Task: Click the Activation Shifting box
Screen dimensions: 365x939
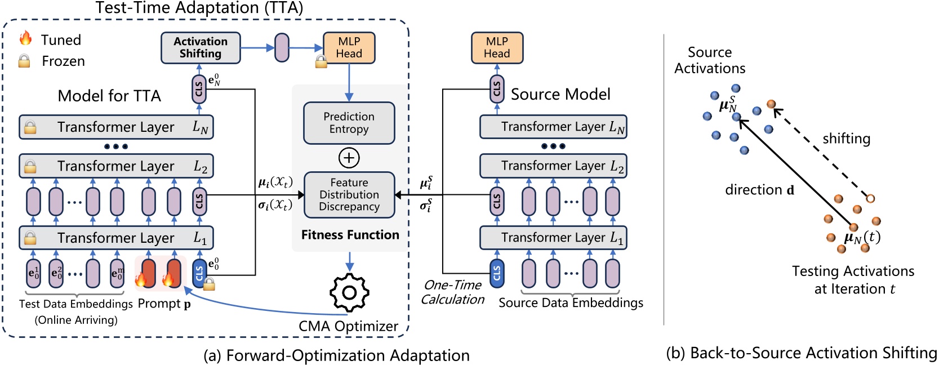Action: pos(201,48)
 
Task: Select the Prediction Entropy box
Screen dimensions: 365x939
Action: pos(349,123)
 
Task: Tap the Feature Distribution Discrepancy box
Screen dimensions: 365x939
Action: pos(349,195)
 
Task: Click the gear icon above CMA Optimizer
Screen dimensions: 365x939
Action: pos(349,292)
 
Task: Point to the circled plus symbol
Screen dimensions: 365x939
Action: pos(349,158)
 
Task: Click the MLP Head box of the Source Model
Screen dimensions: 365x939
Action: pos(497,48)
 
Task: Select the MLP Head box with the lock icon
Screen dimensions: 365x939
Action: pos(349,48)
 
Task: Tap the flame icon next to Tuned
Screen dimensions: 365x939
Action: pos(25,38)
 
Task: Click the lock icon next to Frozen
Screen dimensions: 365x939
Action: pos(24,61)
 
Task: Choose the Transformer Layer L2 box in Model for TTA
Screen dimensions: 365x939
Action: pos(116,166)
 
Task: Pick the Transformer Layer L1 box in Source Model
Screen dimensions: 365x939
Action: pos(553,238)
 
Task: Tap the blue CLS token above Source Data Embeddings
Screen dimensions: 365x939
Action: pos(496,273)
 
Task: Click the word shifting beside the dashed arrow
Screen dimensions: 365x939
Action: pos(846,139)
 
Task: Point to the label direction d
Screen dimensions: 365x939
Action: pos(759,190)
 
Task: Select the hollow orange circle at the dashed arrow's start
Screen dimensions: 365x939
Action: pos(870,199)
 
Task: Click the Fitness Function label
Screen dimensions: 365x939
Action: pos(350,235)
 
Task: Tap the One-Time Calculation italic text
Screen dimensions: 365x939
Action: pos(453,292)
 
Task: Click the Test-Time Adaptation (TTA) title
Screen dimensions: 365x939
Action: pos(199,8)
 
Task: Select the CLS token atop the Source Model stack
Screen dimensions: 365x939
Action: pos(496,89)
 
